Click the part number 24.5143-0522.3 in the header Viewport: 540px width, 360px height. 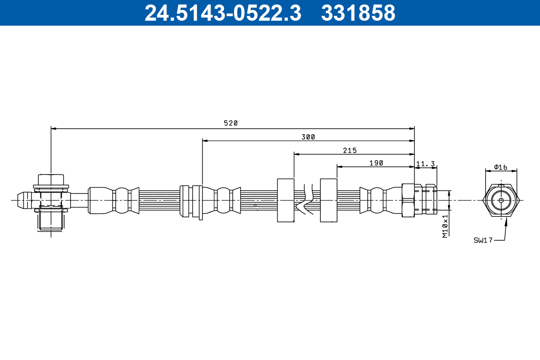223,13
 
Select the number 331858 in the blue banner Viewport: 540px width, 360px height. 358,13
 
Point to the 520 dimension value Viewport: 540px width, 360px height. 231,123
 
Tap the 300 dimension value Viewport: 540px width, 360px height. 308,137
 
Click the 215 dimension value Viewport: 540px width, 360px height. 350,150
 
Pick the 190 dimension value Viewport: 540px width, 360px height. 376,163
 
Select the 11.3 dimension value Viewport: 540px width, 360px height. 426,164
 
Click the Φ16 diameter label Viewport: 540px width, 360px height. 500,167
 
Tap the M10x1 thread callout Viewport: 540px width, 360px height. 445,226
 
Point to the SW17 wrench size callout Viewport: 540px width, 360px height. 483,240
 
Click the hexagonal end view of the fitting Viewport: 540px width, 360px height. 501,200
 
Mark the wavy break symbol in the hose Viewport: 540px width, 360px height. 305,199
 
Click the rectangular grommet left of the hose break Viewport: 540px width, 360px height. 286,200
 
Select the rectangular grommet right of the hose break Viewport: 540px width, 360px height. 328,200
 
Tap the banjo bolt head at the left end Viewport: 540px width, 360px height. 51,180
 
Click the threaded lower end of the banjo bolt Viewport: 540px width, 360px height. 50,221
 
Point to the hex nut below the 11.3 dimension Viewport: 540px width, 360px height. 408,200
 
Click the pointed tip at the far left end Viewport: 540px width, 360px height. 18,200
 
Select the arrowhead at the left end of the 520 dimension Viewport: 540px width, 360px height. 54,129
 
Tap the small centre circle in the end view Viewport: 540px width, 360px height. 501,200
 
